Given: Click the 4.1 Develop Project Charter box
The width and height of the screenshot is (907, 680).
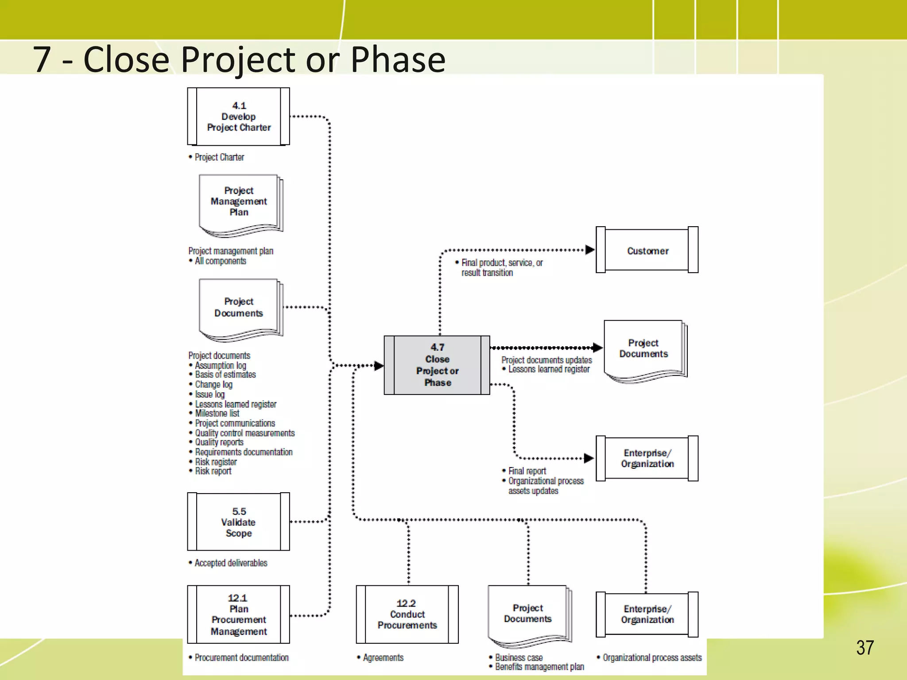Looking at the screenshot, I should pyautogui.click(x=238, y=116).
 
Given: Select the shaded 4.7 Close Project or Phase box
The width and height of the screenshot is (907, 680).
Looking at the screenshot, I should pyautogui.click(x=437, y=365).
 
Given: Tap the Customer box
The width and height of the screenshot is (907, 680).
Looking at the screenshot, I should pyautogui.click(x=647, y=250).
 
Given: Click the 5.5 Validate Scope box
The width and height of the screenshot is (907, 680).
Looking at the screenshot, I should pyautogui.click(x=238, y=522).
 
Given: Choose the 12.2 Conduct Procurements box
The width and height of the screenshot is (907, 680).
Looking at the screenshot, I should pyautogui.click(x=407, y=614).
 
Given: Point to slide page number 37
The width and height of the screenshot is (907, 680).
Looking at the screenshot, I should pyautogui.click(x=864, y=648).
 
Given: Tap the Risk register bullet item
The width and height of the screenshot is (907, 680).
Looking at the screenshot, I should pyautogui.click(x=216, y=462).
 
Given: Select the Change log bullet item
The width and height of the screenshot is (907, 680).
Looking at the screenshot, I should pyautogui.click(x=213, y=384).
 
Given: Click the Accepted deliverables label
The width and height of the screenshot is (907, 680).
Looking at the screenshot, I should pyautogui.click(x=231, y=563).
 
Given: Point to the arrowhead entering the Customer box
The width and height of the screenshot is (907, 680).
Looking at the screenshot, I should pyautogui.click(x=589, y=250).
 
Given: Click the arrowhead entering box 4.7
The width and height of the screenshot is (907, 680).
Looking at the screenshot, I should pyautogui.click(x=379, y=366).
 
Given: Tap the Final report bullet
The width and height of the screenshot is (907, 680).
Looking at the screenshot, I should pyautogui.click(x=527, y=471).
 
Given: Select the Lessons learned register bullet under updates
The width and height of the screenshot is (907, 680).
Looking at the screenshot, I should pyautogui.click(x=548, y=369).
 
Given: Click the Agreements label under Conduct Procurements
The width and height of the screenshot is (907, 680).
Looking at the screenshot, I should pyautogui.click(x=383, y=657).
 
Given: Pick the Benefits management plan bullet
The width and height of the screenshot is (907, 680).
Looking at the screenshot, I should pyautogui.click(x=539, y=667).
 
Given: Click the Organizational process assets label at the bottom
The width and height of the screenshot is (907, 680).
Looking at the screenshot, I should pyautogui.click(x=651, y=657).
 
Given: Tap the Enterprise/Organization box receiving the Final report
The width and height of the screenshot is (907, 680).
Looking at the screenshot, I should pyautogui.click(x=647, y=458).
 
